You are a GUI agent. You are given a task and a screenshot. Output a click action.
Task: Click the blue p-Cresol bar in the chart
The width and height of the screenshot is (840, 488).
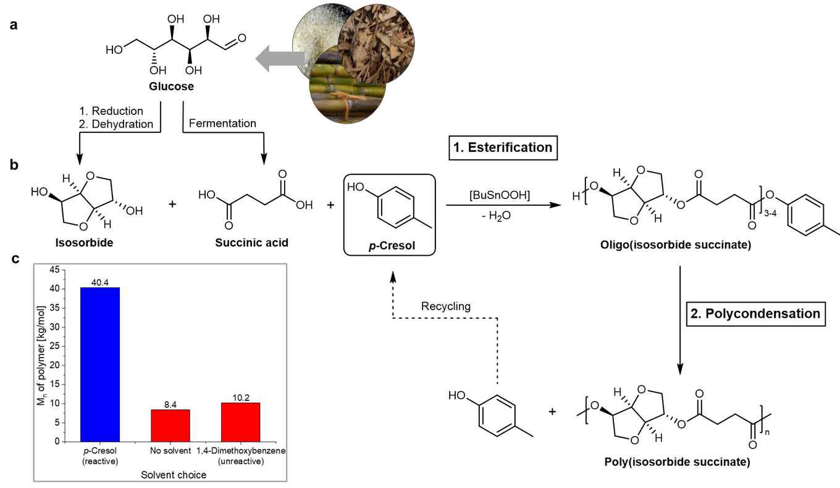[100, 364]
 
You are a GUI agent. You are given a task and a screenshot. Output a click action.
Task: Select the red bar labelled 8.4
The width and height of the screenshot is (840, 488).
[170, 425]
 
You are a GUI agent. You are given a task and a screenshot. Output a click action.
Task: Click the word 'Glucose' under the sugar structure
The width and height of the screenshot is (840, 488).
[171, 86]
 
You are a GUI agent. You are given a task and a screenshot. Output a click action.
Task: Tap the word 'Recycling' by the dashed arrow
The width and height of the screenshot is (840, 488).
[446, 306]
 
